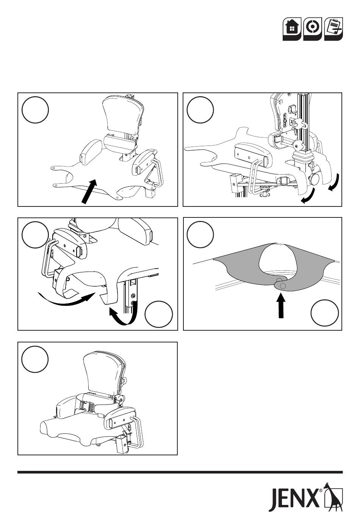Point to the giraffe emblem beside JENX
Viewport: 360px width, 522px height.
pos(333,497)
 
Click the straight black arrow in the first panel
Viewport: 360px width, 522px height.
pos(89,191)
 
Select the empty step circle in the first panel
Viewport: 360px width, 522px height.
pos(35,110)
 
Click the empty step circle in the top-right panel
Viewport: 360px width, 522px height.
pos(200,110)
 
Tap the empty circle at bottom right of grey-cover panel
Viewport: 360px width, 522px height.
pos(324,313)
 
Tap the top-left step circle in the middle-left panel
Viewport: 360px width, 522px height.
pos(35,234)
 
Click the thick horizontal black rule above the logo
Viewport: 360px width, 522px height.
pos(180,472)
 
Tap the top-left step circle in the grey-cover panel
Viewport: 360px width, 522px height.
pos(200,234)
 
